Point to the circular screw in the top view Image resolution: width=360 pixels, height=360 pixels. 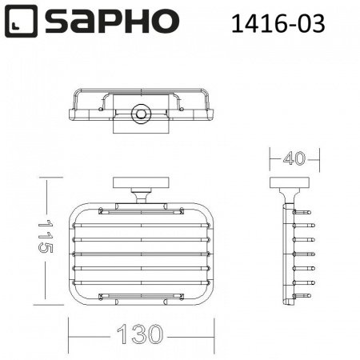click(x=142, y=114)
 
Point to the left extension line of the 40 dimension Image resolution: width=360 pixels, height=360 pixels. click(x=269, y=164)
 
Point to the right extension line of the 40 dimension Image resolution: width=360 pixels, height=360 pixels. click(x=310, y=164)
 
